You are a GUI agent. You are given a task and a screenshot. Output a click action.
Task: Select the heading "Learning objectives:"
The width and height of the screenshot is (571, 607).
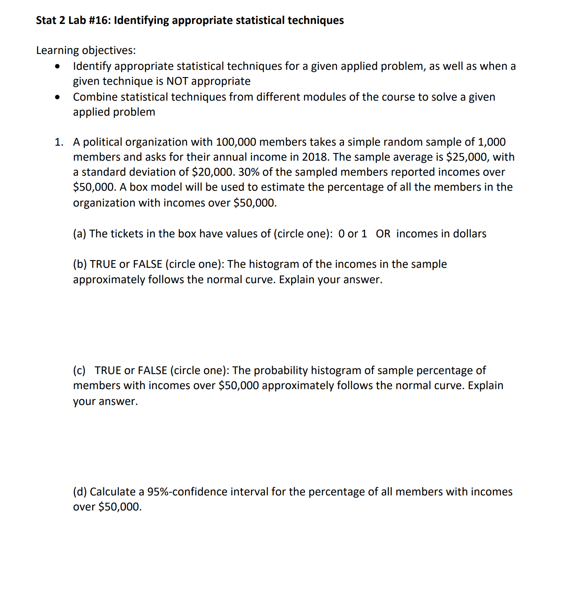click(x=86, y=50)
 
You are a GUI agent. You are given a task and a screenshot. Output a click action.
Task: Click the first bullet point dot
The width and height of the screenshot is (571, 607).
click(x=58, y=67)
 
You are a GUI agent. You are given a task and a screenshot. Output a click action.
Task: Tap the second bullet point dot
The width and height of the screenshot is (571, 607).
click(x=58, y=97)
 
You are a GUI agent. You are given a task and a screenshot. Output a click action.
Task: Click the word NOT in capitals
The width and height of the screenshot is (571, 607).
click(x=177, y=82)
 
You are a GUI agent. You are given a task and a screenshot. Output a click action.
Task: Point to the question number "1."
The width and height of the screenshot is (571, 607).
click(x=59, y=142)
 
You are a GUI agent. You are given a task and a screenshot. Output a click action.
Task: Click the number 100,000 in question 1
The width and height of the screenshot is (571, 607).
click(x=236, y=142)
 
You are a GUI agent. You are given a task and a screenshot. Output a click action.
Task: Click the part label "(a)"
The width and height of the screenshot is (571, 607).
click(x=80, y=234)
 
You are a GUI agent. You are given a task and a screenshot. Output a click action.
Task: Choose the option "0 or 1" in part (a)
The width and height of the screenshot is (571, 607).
click(x=353, y=234)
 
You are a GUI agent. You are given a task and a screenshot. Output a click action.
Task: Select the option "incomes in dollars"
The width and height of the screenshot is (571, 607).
click(x=441, y=234)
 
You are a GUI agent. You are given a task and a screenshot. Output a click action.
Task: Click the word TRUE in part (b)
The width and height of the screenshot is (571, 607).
click(x=103, y=265)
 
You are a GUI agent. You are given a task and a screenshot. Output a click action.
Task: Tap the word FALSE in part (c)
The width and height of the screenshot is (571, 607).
click(x=152, y=371)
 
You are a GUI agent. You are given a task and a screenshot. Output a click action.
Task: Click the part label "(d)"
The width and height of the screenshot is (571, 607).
click(x=80, y=492)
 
